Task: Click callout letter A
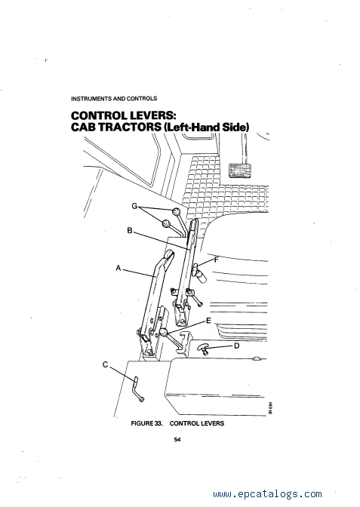click(x=118, y=268)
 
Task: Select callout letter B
click(x=130, y=231)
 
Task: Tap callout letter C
click(x=105, y=364)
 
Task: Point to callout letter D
click(x=237, y=346)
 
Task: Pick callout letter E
click(x=208, y=321)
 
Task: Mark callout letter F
click(x=216, y=260)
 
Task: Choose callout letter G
click(x=135, y=206)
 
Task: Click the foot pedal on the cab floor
click(x=240, y=171)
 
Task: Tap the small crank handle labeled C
click(x=138, y=389)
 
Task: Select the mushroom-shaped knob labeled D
click(x=204, y=349)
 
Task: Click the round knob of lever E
click(x=162, y=331)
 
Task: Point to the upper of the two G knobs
click(x=176, y=211)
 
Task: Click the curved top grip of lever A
click(x=168, y=258)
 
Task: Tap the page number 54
click(x=177, y=439)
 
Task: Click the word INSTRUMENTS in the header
click(x=91, y=98)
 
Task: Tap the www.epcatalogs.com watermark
click(x=267, y=493)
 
